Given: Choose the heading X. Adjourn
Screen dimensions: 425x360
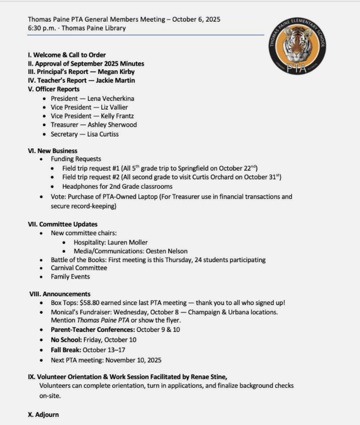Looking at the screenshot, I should pos(43,415).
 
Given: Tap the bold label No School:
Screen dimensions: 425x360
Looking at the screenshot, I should pos(66,340).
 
